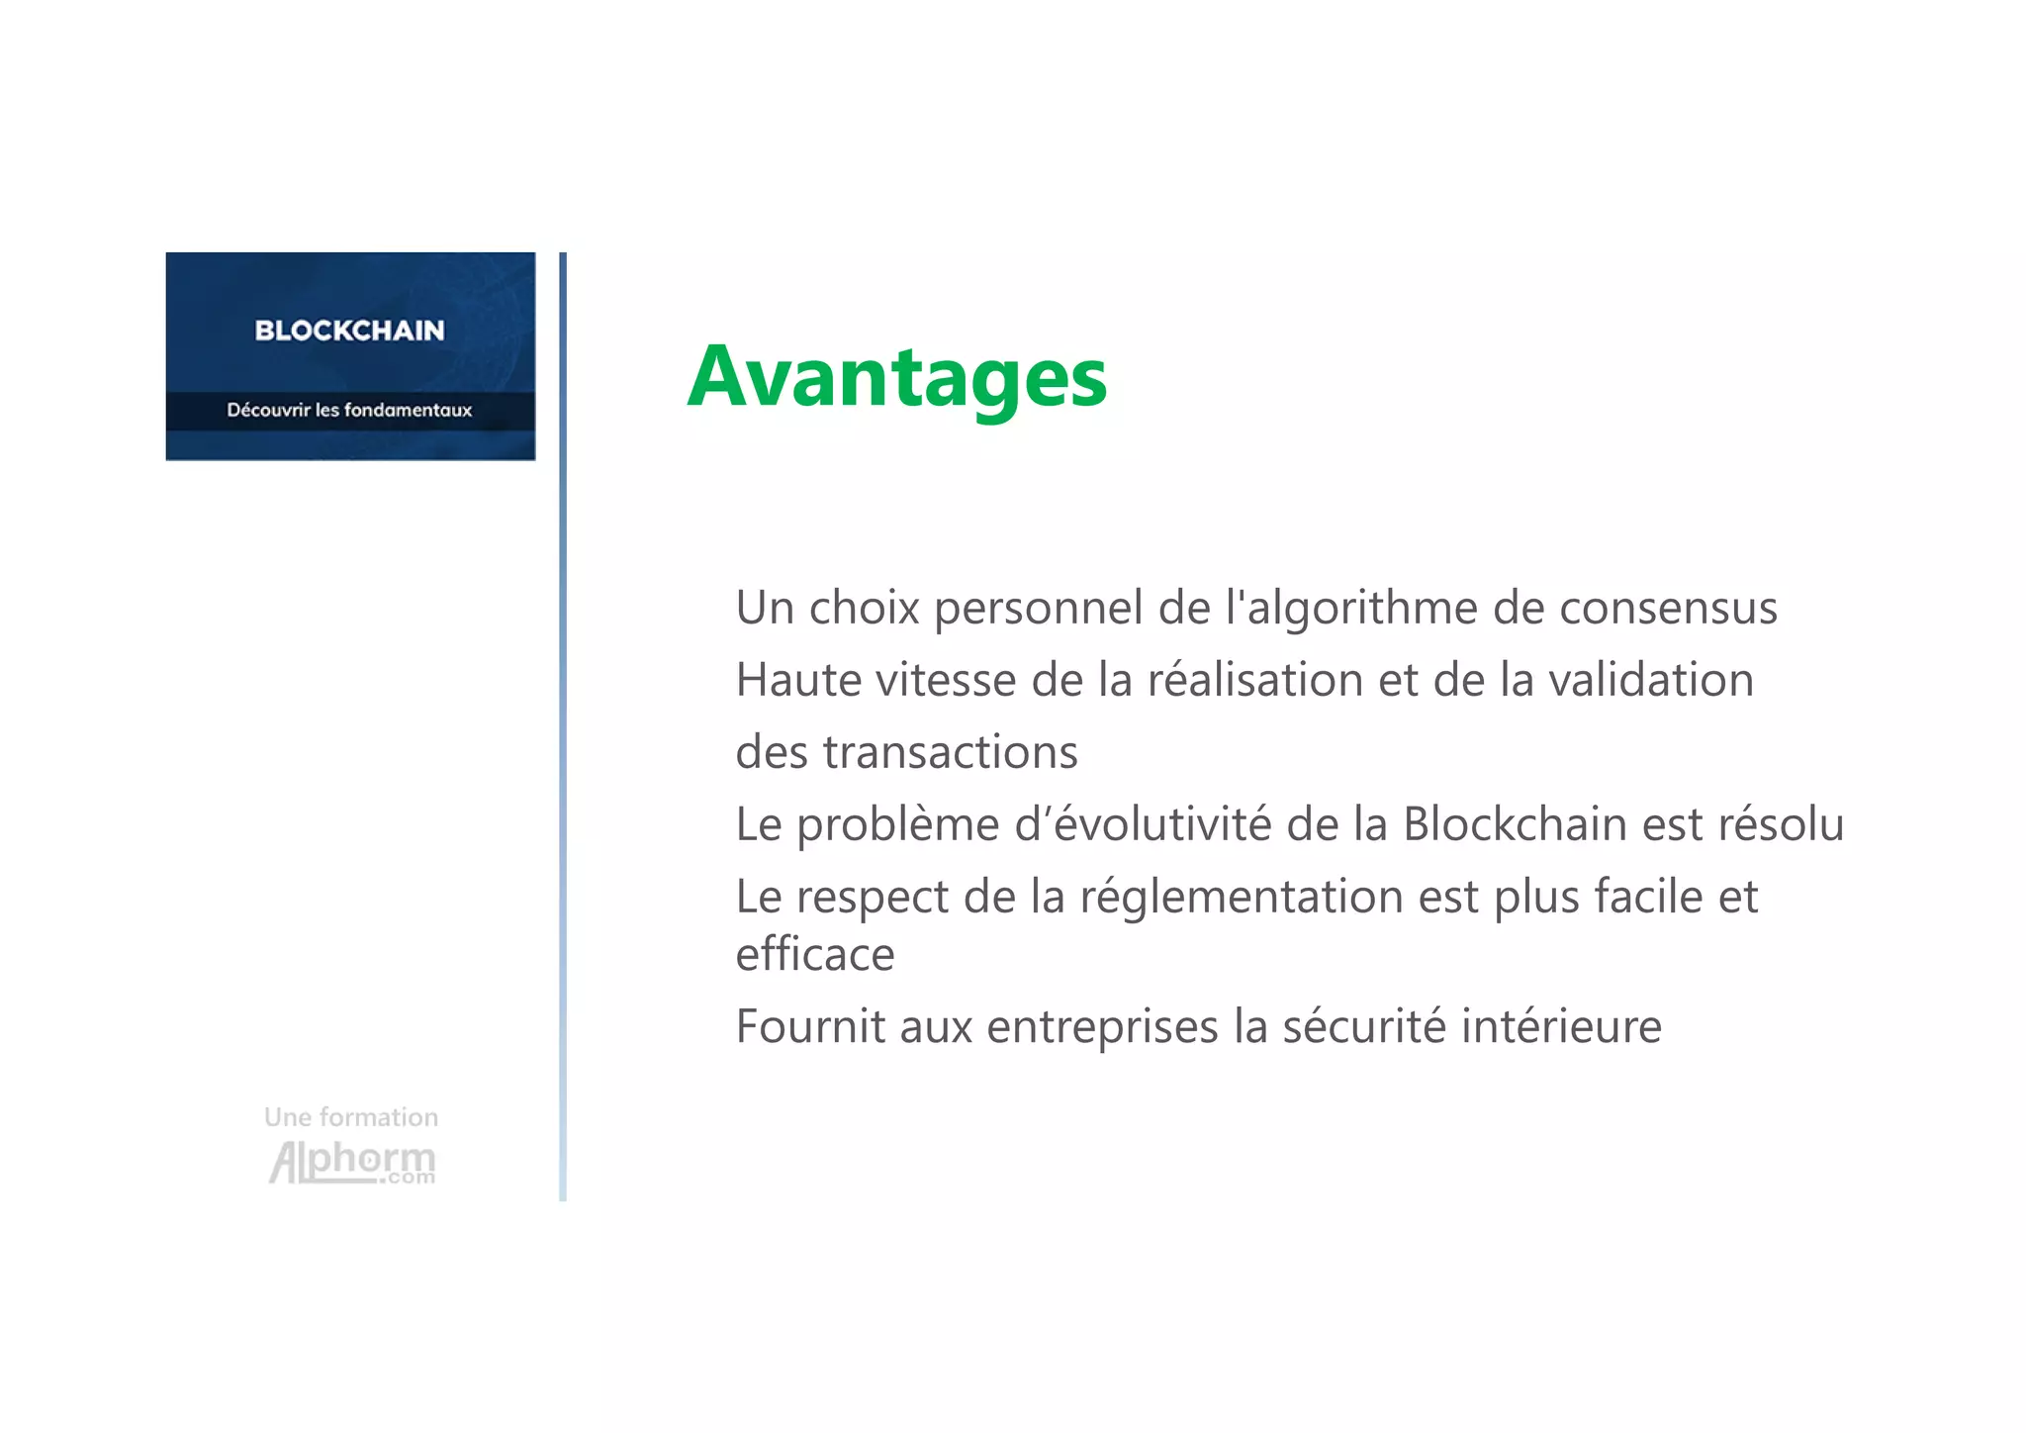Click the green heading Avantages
896,377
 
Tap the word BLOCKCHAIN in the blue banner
349,331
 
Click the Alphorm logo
352,1163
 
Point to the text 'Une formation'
351,1117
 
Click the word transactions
950,752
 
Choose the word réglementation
1242,898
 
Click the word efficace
815,955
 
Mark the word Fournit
810,1026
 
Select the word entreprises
1102,1027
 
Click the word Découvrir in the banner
268,410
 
